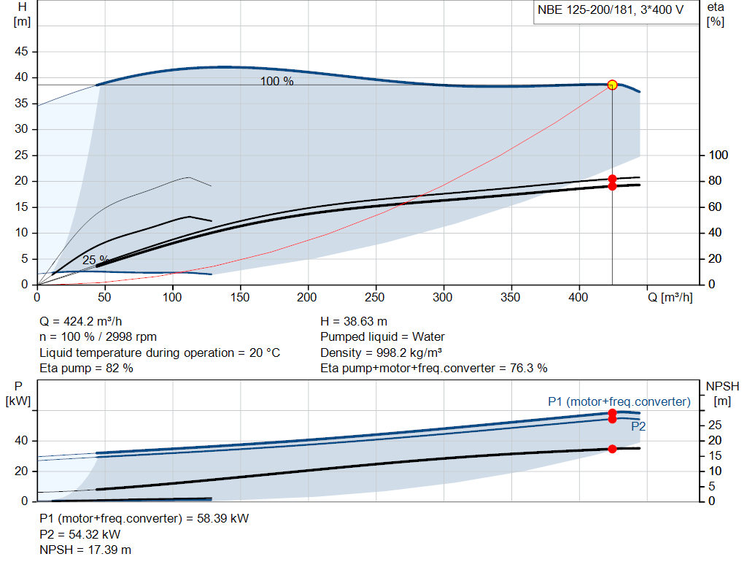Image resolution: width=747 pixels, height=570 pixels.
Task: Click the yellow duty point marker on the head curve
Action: (x=612, y=85)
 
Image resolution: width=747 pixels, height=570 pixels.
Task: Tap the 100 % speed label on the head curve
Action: (x=276, y=82)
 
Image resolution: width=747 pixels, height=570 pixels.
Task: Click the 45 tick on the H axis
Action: (x=21, y=52)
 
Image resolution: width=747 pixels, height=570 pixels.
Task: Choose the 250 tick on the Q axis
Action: (x=375, y=297)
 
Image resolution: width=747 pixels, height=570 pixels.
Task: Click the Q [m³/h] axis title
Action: (x=670, y=297)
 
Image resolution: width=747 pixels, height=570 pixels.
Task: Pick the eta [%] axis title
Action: (x=716, y=15)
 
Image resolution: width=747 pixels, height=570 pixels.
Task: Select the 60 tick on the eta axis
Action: (x=715, y=207)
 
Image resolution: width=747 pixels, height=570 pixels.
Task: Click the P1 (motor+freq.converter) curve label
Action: (x=619, y=401)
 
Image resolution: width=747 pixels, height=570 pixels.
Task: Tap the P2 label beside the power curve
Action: (x=638, y=426)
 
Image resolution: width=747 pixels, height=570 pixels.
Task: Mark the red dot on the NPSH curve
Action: (x=612, y=449)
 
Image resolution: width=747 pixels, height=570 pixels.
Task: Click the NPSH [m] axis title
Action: (x=722, y=393)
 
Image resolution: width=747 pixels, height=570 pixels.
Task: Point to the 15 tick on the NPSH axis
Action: (x=715, y=455)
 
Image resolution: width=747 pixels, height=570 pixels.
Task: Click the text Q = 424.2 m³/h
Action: (x=80, y=322)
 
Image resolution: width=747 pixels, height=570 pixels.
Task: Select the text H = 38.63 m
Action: (x=354, y=322)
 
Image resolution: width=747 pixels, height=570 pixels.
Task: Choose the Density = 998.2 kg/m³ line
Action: (x=381, y=353)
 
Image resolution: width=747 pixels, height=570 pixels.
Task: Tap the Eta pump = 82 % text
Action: (x=86, y=369)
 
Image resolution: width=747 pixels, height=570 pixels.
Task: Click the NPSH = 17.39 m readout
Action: (x=85, y=550)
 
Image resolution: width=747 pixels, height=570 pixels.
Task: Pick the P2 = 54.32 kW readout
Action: (x=80, y=534)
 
